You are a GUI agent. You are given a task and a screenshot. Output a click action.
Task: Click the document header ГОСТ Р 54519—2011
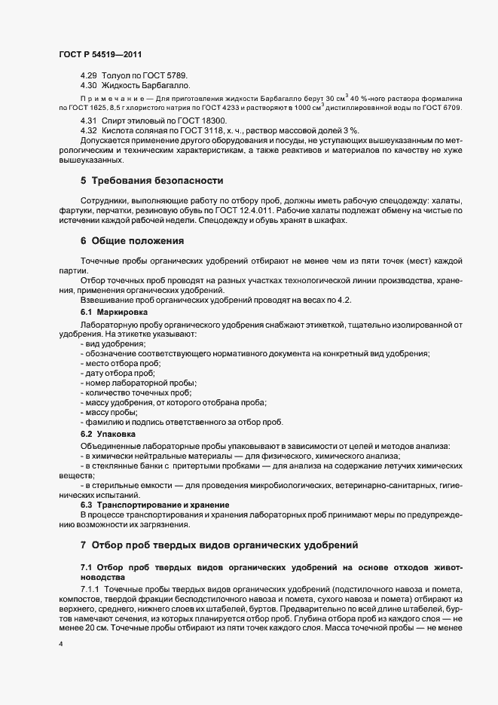pyautogui.click(x=100, y=54)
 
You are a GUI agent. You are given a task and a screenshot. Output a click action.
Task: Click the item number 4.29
pyautogui.click(x=89, y=77)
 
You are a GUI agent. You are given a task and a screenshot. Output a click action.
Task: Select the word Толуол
pyautogui.click(x=121, y=77)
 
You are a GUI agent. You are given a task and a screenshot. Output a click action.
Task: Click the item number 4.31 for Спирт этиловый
pyautogui.click(x=89, y=121)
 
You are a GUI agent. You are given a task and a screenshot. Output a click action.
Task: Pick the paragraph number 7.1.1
pyautogui.click(x=91, y=587)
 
